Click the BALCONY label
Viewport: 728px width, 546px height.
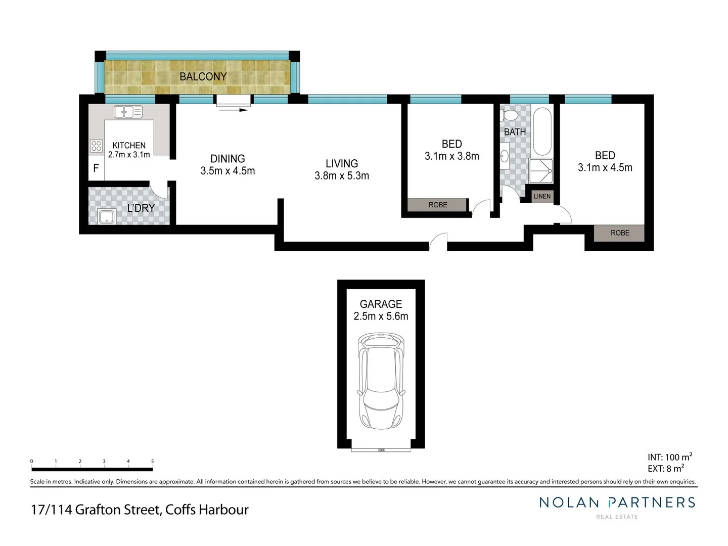[203, 77]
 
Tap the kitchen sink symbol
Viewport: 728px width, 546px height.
[128, 112]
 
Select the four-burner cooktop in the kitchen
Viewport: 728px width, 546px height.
[96, 146]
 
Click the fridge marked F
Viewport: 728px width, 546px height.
[96, 168]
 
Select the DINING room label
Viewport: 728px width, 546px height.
[227, 159]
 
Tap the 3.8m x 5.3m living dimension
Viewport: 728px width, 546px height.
[342, 176]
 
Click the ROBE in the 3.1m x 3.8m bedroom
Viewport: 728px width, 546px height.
[438, 205]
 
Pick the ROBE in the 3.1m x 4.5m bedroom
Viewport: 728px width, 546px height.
[620, 233]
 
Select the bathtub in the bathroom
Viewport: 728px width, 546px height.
[542, 131]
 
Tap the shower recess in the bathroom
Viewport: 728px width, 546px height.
[541, 171]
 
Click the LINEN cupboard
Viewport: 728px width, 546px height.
[542, 196]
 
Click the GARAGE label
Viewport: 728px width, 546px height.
[381, 304]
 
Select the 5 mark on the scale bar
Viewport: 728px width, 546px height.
[152, 462]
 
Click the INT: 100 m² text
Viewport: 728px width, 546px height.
[669, 457]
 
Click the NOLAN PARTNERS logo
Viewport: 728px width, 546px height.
[617, 503]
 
